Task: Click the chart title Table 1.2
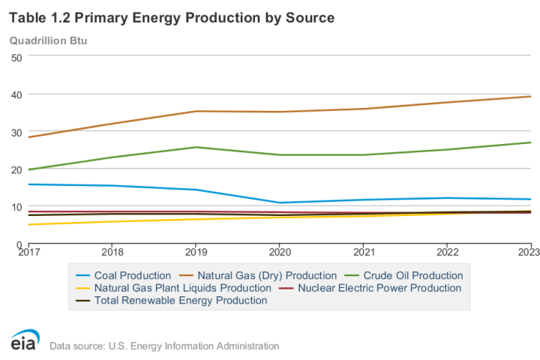coord(172,16)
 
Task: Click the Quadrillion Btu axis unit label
coord(48,40)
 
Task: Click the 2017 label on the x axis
coord(28,253)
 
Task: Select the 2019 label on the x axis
coord(196,253)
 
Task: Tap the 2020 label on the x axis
coord(280,253)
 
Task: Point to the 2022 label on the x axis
coord(447,253)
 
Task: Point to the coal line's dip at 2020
coord(280,202)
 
